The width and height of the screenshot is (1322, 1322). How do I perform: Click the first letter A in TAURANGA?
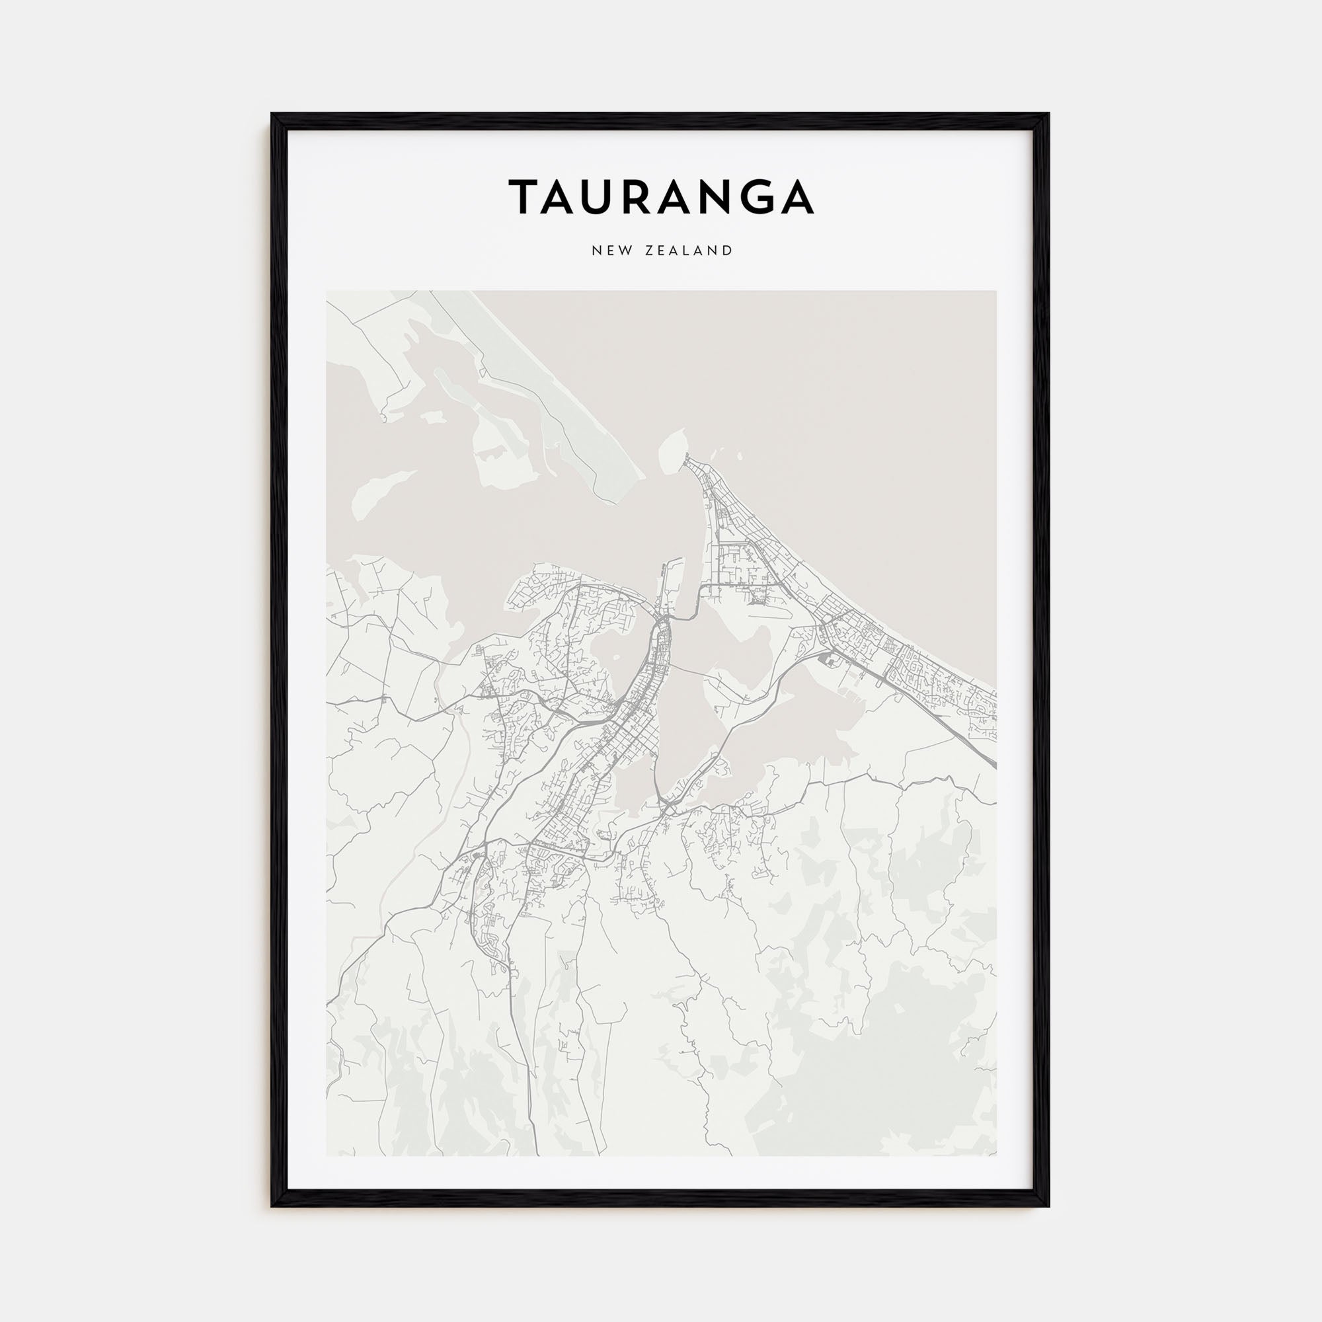(x=568, y=196)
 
